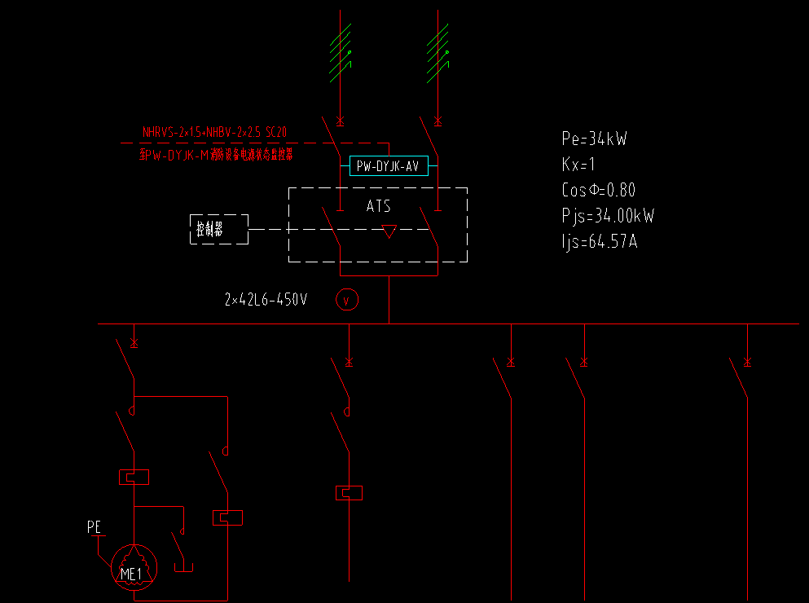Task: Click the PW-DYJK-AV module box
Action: click(x=389, y=166)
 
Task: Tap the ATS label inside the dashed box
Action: click(x=378, y=206)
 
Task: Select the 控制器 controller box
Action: click(x=219, y=230)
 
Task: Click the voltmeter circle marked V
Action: click(x=347, y=301)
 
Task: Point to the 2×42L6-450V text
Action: click(x=266, y=300)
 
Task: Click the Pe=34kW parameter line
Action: click(x=594, y=139)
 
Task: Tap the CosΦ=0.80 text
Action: click(x=598, y=191)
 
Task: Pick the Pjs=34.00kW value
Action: click(x=608, y=216)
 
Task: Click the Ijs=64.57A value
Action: click(x=599, y=242)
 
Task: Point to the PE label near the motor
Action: click(x=95, y=528)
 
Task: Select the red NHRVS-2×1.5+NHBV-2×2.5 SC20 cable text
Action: click(x=214, y=131)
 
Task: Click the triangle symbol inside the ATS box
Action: click(x=389, y=231)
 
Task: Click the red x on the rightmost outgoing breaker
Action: click(x=747, y=361)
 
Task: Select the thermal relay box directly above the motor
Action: click(x=134, y=478)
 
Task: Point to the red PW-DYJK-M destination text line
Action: click(x=216, y=154)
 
